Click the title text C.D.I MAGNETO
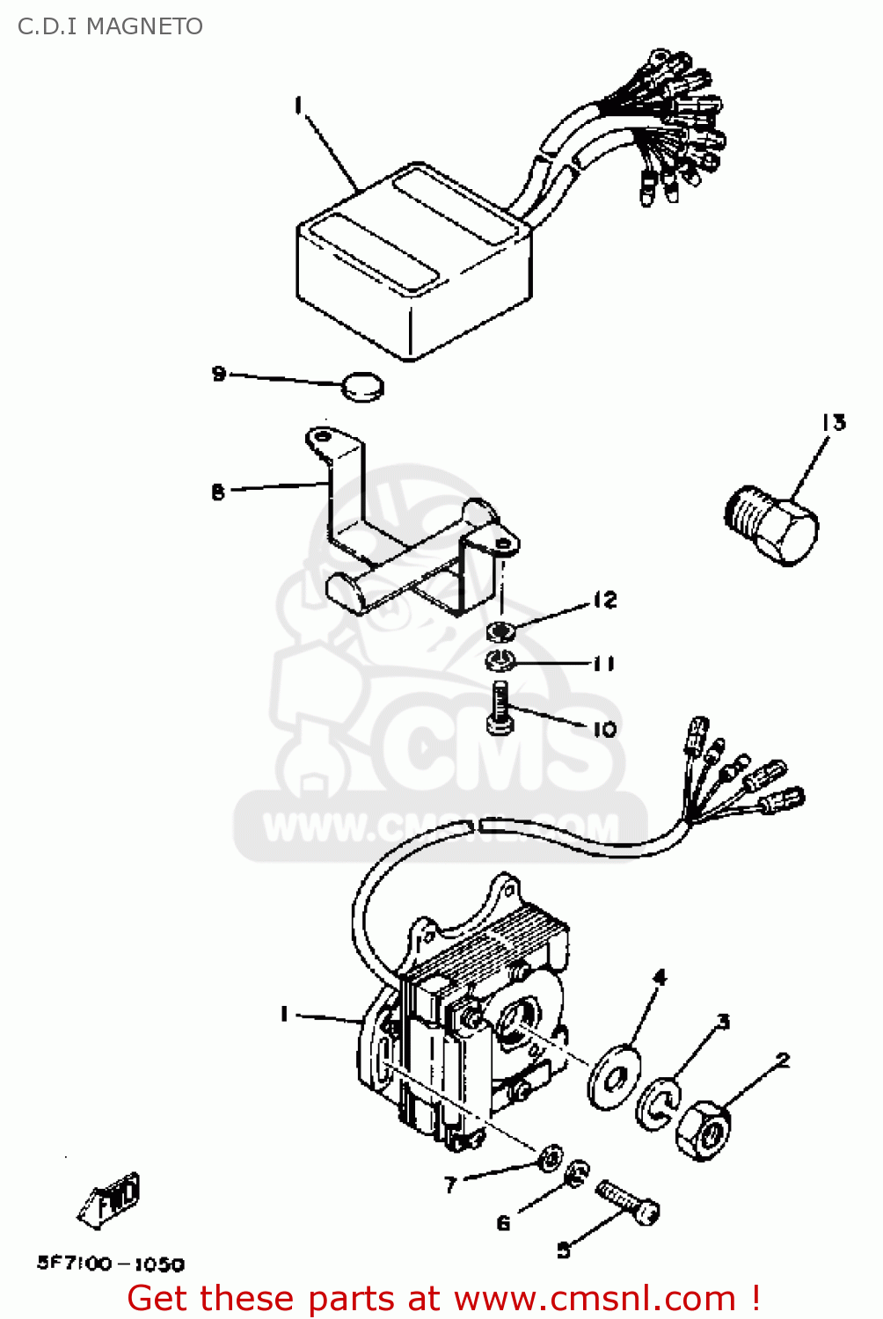[110, 26]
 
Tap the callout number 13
[834, 423]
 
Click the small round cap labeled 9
[362, 386]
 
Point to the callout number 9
[219, 374]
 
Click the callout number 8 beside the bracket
[218, 492]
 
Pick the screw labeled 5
[628, 1202]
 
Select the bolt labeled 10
[499, 708]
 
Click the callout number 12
[605, 601]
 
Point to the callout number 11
[603, 663]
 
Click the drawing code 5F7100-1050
[111, 1264]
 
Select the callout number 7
[450, 1185]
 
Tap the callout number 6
[503, 1223]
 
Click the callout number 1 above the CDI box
[298, 106]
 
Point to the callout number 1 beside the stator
[284, 1014]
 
